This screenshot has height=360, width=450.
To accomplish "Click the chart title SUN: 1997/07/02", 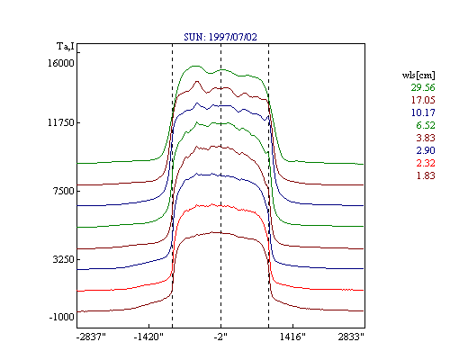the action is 220,37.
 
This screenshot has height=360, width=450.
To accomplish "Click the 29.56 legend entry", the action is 423,87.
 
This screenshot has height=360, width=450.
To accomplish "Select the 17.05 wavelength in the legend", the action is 423,100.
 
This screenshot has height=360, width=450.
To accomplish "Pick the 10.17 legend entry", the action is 423,112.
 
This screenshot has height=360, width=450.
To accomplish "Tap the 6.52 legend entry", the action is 426,125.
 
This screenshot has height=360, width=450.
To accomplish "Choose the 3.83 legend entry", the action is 426,138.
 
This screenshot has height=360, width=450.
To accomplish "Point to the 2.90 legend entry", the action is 426,150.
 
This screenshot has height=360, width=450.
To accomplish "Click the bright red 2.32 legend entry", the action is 426,163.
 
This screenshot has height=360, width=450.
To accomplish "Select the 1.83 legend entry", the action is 426,175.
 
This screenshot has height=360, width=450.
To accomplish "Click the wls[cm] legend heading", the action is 418,75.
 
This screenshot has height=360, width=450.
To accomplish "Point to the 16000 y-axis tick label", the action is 61,63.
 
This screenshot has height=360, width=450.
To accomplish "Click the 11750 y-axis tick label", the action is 61,122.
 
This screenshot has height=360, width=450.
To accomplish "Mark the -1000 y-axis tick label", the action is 61,317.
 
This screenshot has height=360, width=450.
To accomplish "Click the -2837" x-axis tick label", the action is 91,337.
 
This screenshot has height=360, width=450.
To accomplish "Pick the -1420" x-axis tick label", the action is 148,337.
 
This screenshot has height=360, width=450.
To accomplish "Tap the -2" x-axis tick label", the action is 220,337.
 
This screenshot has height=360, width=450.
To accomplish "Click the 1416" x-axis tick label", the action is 292,337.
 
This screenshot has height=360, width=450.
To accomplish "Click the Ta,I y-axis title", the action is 66,47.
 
